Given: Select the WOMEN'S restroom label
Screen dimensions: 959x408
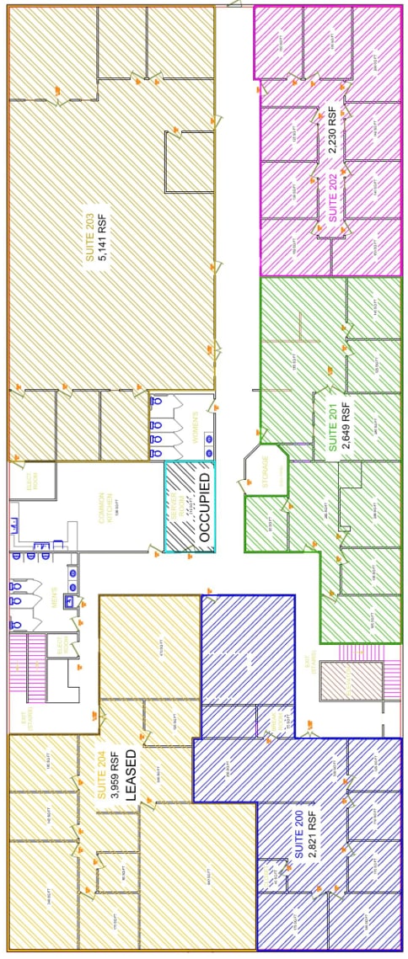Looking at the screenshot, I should [195, 428].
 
